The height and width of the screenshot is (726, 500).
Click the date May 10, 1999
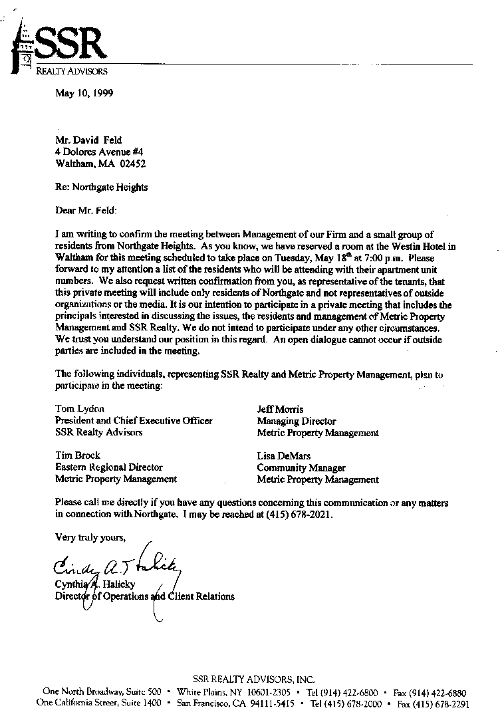(84, 93)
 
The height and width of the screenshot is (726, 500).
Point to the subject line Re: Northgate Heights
(102, 187)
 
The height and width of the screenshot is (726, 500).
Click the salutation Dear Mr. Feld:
(86, 211)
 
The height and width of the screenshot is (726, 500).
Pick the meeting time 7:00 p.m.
(382, 257)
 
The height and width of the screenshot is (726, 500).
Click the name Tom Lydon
(80, 409)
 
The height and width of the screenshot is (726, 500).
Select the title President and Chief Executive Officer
(134, 421)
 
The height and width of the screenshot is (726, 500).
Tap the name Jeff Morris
(280, 409)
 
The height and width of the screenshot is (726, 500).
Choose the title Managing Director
(297, 421)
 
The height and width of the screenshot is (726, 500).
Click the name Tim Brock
(78, 455)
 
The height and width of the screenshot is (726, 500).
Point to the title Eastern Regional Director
(109, 467)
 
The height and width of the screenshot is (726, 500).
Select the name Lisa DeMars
(284, 456)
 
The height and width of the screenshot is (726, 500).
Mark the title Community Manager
(301, 467)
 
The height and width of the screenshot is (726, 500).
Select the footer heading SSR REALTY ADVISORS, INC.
(253, 679)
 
